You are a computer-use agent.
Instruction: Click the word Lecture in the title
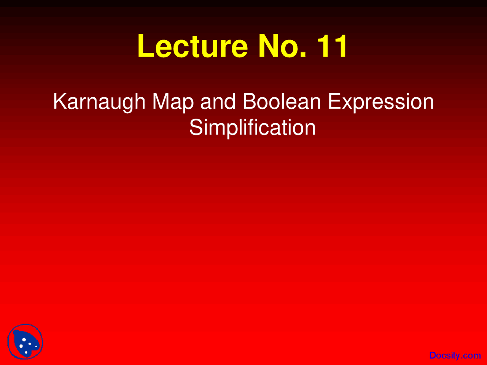pos(193,46)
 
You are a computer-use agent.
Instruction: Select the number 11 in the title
pos(332,46)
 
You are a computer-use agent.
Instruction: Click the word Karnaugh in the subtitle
pos(99,102)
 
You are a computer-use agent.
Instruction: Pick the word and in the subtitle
pos(218,102)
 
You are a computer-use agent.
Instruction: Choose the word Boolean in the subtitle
pos(282,102)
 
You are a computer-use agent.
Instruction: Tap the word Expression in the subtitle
pos(380,102)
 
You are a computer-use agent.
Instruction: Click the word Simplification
pos(252,128)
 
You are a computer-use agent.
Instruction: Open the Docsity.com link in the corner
pos(455,355)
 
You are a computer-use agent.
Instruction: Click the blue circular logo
pos(25,342)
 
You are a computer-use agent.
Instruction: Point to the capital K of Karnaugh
pos(60,102)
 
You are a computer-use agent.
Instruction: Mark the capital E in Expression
pos(334,102)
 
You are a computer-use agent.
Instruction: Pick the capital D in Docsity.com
pos(433,355)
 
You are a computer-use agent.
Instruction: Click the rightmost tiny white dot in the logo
pos(36,346)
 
